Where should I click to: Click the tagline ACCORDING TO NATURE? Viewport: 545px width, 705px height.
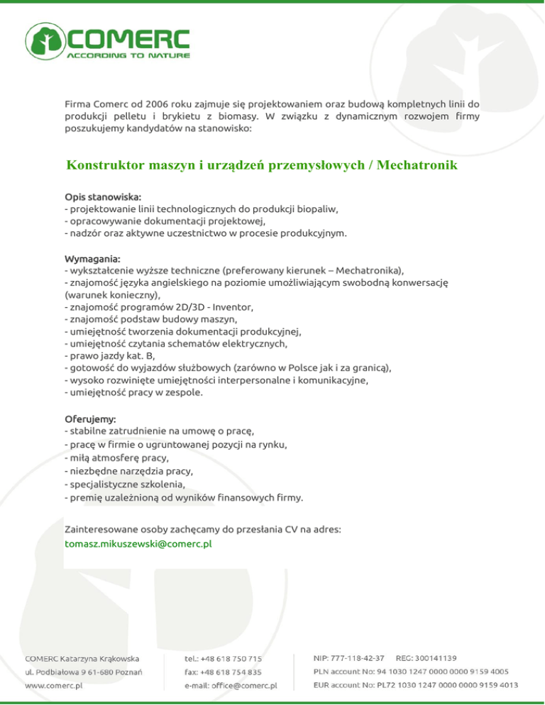(x=128, y=55)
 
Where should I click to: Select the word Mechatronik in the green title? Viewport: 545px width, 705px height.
(x=418, y=166)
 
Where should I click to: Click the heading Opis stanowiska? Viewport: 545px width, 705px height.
(x=102, y=196)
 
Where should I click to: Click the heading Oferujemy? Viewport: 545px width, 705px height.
(x=90, y=419)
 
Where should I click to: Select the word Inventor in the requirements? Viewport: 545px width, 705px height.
(x=233, y=307)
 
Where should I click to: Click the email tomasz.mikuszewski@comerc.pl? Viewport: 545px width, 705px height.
(x=138, y=544)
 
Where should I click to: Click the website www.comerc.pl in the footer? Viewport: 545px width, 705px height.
(x=54, y=686)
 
